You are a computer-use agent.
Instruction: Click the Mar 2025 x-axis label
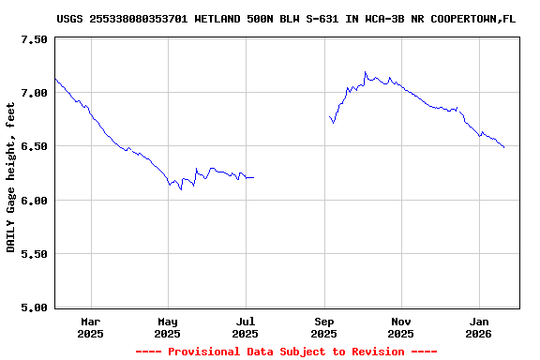tap(91, 327)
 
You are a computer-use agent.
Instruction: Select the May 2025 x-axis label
tap(168, 327)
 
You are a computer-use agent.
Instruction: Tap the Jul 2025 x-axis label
tap(245, 327)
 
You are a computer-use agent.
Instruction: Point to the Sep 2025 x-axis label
tap(323, 327)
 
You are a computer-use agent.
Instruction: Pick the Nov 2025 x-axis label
tap(400, 327)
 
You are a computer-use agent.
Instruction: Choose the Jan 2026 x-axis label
tap(478, 327)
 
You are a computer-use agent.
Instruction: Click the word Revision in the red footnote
tap(372, 352)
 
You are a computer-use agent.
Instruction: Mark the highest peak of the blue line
tap(365, 71)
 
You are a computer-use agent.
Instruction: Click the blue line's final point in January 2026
tap(504, 148)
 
